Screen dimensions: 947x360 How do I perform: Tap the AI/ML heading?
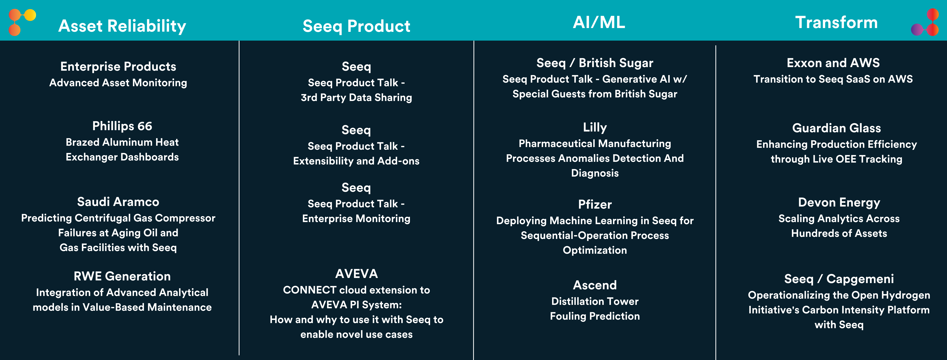click(x=599, y=22)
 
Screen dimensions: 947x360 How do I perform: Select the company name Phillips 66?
click(x=122, y=126)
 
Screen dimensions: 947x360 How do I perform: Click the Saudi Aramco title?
click(x=118, y=202)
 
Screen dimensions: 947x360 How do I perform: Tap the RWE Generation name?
click(x=122, y=276)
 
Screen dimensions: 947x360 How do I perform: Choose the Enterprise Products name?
click(x=118, y=67)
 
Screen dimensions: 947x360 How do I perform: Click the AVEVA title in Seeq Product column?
click(x=356, y=274)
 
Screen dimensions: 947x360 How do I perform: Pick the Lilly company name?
click(x=595, y=128)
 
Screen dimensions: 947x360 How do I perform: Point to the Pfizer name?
click(x=595, y=204)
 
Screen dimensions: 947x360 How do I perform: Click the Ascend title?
click(x=595, y=285)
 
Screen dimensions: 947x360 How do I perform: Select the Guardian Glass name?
click(x=836, y=128)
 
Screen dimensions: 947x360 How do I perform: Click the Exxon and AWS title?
click(x=833, y=63)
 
